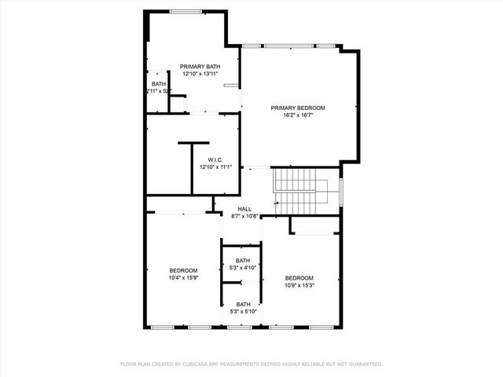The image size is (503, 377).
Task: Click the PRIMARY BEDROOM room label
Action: coord(298,108)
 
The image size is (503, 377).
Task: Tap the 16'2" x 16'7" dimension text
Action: coord(298,115)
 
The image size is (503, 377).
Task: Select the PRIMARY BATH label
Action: coord(200,66)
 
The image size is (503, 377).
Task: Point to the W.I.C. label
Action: coord(205,159)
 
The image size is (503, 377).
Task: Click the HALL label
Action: coord(244,209)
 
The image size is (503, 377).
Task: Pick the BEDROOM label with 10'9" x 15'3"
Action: coord(299,278)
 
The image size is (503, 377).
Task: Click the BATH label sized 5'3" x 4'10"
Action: coord(243,260)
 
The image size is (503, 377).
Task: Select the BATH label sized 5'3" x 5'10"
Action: coord(243,304)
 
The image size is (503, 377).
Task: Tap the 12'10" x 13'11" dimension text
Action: coord(200,74)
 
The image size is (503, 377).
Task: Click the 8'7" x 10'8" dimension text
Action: coord(244,216)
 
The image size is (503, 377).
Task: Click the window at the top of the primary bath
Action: coord(185,11)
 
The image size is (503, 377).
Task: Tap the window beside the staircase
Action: coord(341,191)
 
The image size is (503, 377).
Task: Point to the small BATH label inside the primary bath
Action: coord(159,83)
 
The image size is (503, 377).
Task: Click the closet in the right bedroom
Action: coord(314,225)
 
